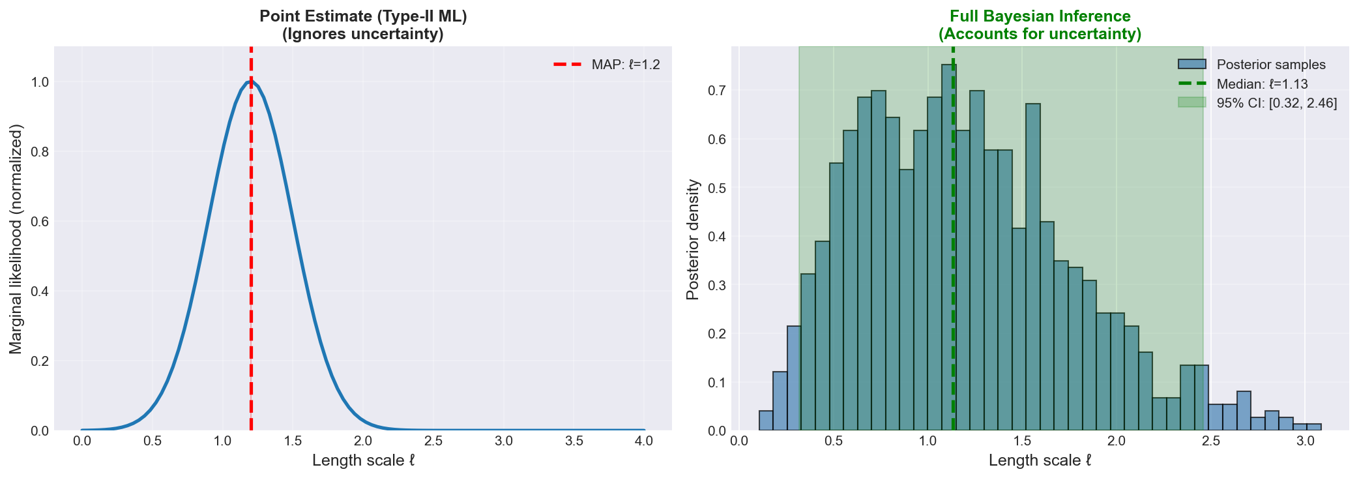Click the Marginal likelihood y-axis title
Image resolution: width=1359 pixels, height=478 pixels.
click(x=16, y=239)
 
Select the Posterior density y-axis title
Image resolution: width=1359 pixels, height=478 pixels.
click(x=693, y=239)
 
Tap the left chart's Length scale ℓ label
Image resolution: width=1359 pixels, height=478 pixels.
click(x=363, y=460)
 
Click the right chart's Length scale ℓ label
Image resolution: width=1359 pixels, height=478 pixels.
click(x=1040, y=460)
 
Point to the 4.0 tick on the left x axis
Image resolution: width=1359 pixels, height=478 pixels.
click(x=644, y=441)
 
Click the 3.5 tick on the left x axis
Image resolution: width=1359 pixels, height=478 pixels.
click(x=574, y=441)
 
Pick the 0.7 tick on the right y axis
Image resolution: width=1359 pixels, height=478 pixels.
click(x=717, y=91)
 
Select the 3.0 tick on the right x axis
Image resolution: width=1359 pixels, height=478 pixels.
click(x=1305, y=441)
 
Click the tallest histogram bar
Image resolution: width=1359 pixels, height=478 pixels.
click(x=948, y=248)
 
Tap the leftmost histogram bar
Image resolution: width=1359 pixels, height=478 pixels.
click(x=766, y=421)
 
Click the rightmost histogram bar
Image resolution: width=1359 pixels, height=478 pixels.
click(x=1314, y=427)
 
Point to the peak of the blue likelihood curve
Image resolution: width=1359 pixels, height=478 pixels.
click(x=250, y=82)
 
